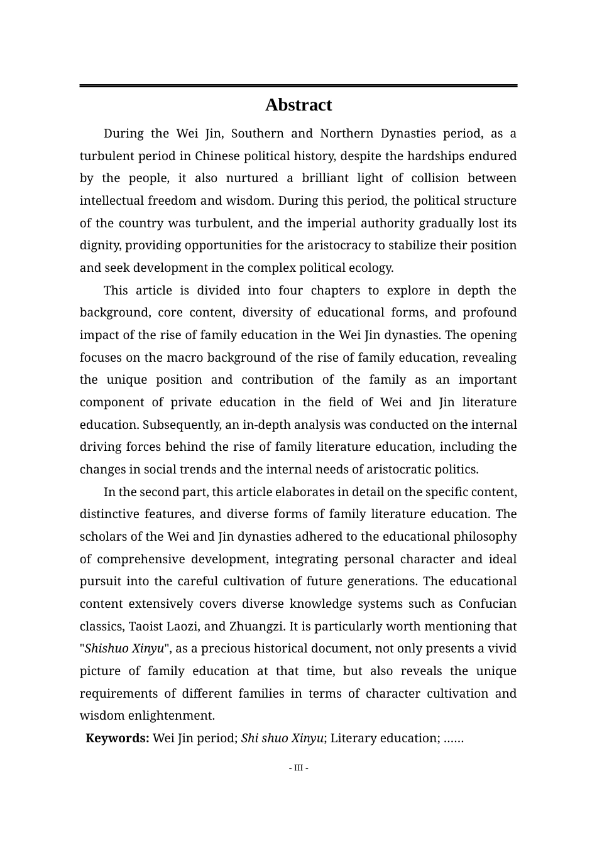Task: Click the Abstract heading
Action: click(x=298, y=105)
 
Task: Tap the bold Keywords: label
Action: click(x=118, y=738)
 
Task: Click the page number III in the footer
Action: click(x=298, y=767)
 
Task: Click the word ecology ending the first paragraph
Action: click(x=371, y=268)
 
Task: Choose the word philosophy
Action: click(x=486, y=537)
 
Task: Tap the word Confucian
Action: click(x=487, y=604)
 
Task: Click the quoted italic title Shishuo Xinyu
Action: click(x=124, y=649)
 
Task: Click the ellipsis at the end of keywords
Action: click(x=453, y=738)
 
